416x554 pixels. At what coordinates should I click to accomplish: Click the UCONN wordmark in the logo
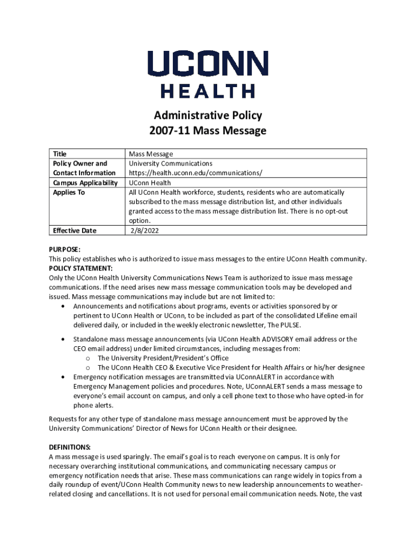coord(208,64)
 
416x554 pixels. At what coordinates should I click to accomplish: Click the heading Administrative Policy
coord(208,115)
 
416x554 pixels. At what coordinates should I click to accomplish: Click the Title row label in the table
coord(60,154)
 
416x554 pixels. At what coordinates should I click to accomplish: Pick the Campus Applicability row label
coord(85,183)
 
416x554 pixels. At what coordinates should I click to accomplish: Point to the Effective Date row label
coord(75,231)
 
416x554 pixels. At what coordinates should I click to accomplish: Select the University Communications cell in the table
coord(170,163)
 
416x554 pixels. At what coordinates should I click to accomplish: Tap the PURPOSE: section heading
coord(64,249)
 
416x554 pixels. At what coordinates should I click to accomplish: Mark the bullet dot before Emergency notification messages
coord(65,377)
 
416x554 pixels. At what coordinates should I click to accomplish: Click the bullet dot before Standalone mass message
coord(65,339)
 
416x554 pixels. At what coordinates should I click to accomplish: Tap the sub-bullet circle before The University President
coord(88,358)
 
